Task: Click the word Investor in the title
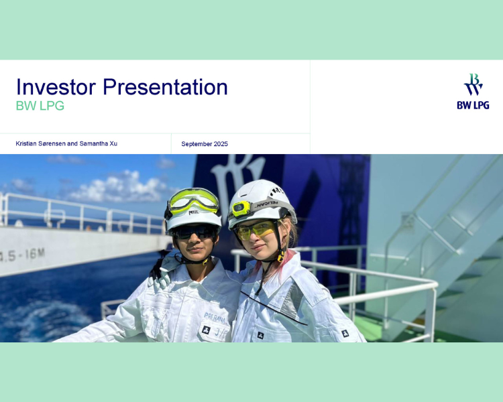click(x=56, y=87)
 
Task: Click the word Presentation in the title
click(x=165, y=87)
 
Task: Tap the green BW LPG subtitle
click(x=40, y=106)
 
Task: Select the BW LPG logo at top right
click(x=473, y=91)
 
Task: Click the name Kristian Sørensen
click(x=41, y=143)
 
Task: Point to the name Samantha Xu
click(x=98, y=143)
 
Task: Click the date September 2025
click(x=205, y=144)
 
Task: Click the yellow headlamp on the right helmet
click(x=241, y=208)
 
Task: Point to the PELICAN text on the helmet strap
click(x=267, y=204)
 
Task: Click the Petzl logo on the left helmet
click(x=193, y=212)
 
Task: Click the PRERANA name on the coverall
click(x=215, y=318)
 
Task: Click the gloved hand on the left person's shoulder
click(x=163, y=273)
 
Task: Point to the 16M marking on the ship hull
click(x=35, y=254)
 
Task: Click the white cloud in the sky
click(x=115, y=187)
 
